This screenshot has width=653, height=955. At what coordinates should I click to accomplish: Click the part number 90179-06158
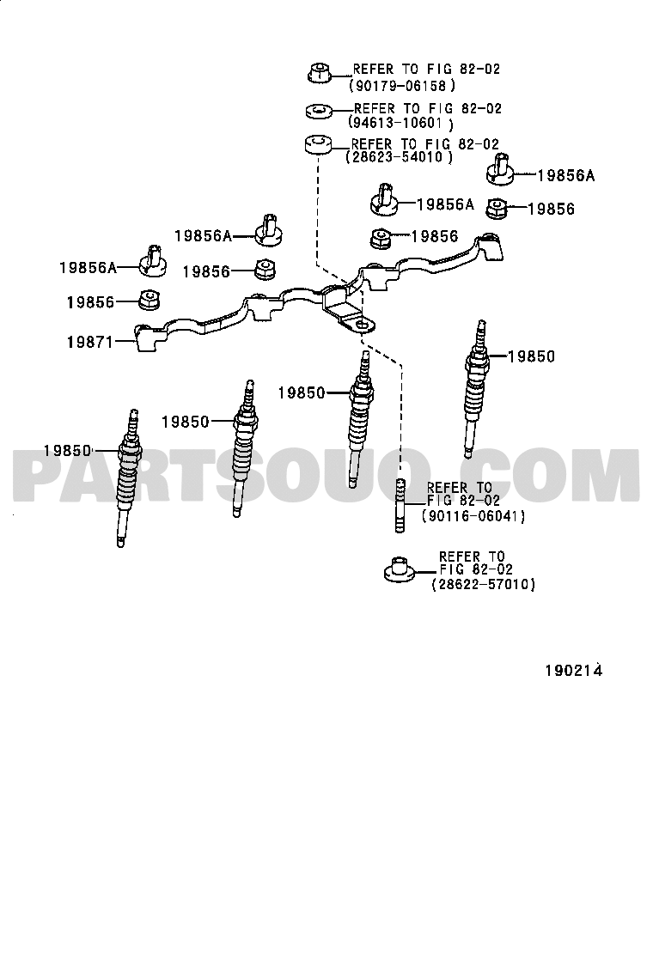(x=402, y=86)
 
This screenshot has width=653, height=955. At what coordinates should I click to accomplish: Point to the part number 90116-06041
(x=473, y=516)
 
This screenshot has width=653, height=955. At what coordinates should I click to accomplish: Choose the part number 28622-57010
(x=483, y=584)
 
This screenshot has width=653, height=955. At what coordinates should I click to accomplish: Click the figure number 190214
(x=574, y=670)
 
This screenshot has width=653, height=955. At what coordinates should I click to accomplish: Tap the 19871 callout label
(x=90, y=343)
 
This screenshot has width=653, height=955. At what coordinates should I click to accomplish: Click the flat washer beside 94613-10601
(x=318, y=112)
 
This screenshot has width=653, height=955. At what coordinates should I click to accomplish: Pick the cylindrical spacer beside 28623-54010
(x=318, y=145)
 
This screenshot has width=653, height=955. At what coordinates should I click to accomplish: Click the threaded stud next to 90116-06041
(x=400, y=506)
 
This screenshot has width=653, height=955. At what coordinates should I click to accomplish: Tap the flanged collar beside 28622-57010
(x=399, y=569)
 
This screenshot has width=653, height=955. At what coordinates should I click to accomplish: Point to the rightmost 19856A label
(x=566, y=175)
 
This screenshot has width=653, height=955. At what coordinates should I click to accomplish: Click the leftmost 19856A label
(x=88, y=267)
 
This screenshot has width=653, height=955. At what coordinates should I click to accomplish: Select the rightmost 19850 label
(x=532, y=356)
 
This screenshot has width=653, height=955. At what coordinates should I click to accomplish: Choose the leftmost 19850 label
(x=67, y=451)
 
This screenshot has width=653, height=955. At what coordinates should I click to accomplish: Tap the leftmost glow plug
(x=129, y=478)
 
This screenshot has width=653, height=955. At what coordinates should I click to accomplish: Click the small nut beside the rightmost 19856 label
(x=496, y=209)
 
